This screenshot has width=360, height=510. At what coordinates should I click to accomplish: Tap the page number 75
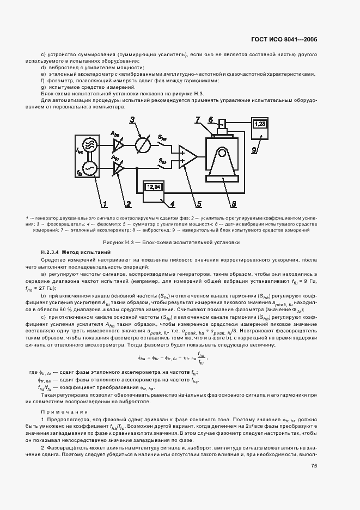pos(314,466)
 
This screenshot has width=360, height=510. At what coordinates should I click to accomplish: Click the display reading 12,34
pos(154,187)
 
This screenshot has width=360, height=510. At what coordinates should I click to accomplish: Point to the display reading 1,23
pos(261,124)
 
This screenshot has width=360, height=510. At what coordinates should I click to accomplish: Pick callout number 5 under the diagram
pos(198,204)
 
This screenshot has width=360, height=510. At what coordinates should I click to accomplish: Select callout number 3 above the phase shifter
pos(132,120)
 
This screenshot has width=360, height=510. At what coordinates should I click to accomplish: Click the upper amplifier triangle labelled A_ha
pos(117,143)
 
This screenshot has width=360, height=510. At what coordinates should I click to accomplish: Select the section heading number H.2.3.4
pos(52,253)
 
